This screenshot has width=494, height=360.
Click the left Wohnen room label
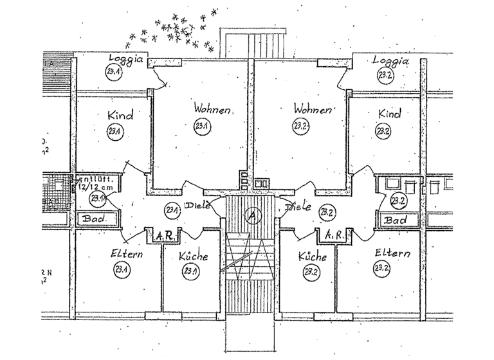[213, 110]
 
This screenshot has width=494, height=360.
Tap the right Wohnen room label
[312, 109]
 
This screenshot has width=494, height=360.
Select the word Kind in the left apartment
[120, 116]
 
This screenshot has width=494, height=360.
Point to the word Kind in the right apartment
[389, 114]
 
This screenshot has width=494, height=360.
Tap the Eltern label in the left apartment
[126, 254]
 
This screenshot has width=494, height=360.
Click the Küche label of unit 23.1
[194, 256]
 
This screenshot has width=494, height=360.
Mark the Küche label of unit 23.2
[313, 256]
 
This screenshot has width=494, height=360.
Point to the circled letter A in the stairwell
[252, 217]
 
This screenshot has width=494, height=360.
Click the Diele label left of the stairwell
[196, 206]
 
